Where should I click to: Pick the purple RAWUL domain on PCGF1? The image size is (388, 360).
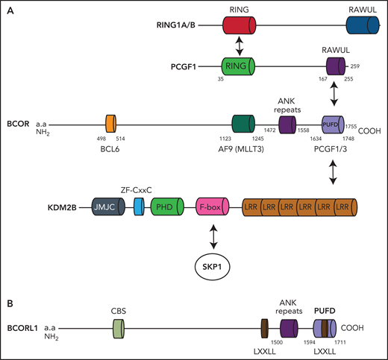tap(334, 66)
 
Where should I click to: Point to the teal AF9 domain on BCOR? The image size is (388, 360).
tap(245, 124)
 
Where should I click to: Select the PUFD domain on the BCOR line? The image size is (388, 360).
tap(334, 124)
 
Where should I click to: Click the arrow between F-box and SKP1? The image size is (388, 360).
tap(214, 236)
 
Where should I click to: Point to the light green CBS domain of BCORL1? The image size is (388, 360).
tap(117, 326)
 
